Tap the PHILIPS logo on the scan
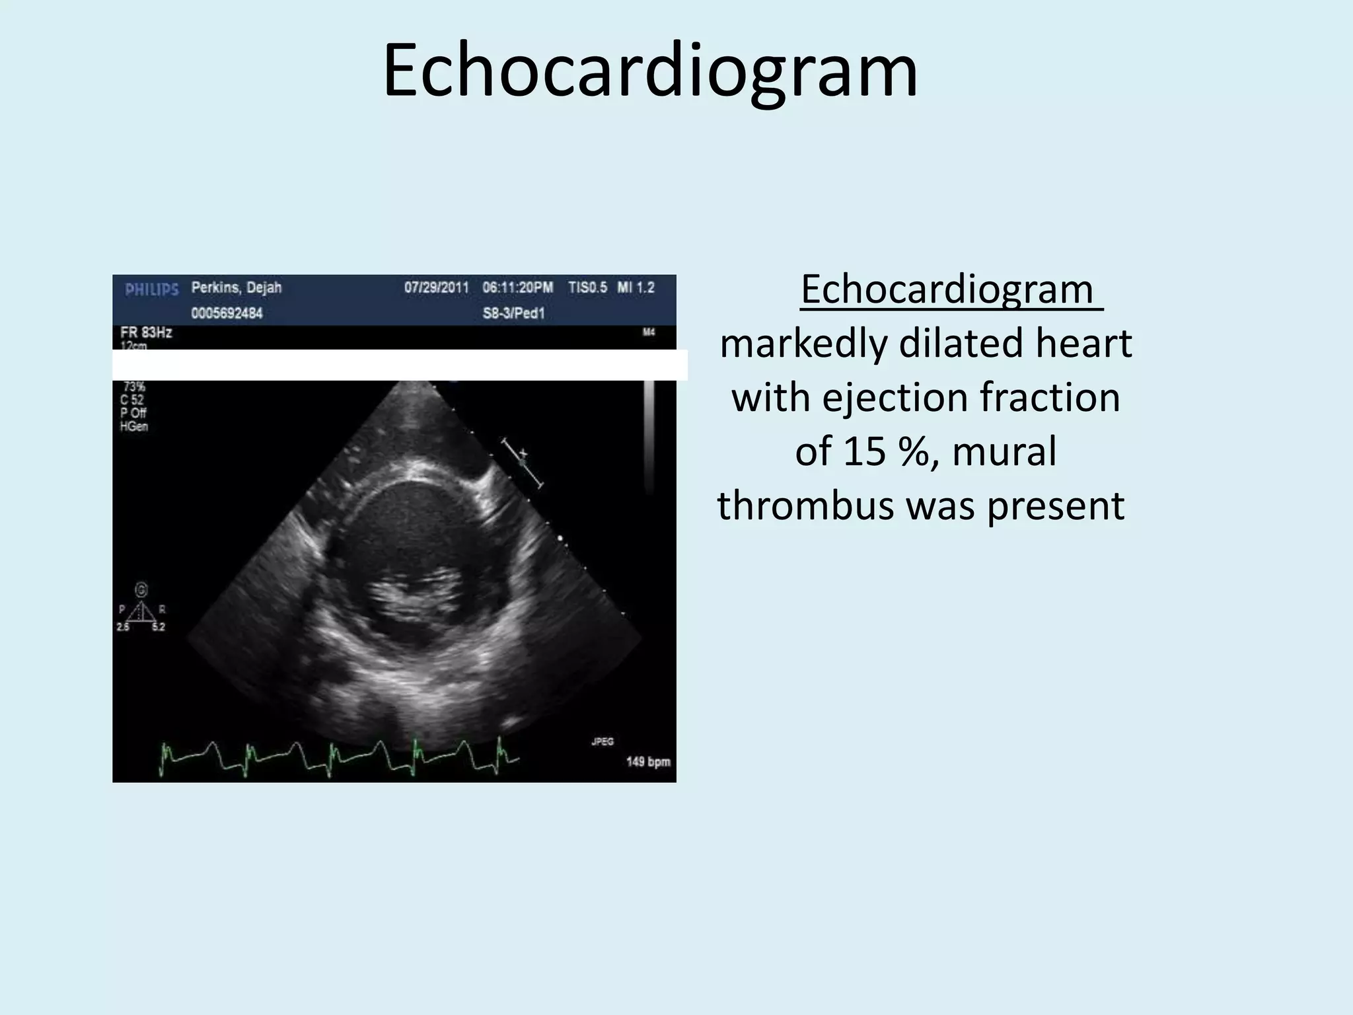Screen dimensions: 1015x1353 tap(152, 289)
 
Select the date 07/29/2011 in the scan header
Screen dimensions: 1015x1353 tap(436, 288)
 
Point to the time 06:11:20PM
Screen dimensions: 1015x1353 tap(517, 288)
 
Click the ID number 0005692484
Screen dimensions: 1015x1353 tap(227, 313)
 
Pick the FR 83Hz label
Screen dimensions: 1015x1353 tap(146, 332)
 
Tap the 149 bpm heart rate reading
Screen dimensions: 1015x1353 tap(647, 762)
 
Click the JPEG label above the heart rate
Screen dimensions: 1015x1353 tap(602, 741)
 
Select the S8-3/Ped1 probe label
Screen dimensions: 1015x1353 tap(513, 313)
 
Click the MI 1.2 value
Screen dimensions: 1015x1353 tap(636, 288)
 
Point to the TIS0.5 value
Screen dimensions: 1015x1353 tap(587, 288)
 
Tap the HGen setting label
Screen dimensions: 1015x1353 tap(134, 427)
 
